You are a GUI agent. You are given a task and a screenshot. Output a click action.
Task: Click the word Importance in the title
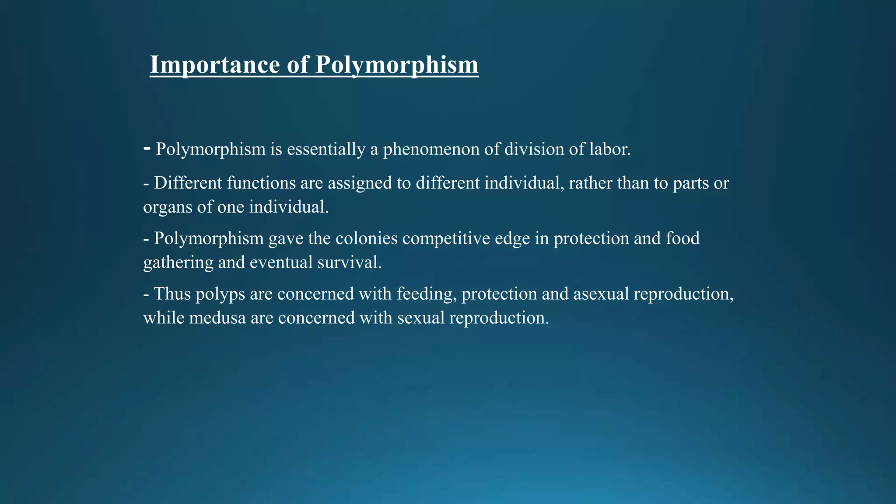215,65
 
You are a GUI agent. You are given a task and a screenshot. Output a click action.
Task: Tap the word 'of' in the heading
297,65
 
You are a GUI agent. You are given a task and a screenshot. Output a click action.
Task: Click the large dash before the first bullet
147,149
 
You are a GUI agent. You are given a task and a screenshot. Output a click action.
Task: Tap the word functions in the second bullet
261,183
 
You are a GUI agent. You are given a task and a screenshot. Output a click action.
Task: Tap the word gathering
178,263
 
